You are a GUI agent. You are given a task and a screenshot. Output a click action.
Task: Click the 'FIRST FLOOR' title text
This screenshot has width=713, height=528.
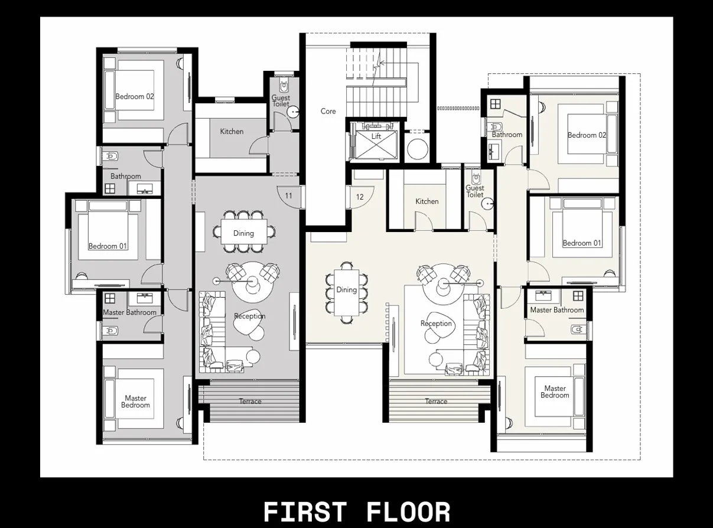[x=356, y=511]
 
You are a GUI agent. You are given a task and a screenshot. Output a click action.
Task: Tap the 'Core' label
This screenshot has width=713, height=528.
[x=328, y=111]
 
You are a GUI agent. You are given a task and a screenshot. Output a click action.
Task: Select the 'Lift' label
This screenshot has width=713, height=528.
[x=376, y=136]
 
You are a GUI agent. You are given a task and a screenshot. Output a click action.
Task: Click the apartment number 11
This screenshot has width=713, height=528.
[x=288, y=195]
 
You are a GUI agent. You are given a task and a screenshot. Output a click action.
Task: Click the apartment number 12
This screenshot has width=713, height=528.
[x=360, y=197]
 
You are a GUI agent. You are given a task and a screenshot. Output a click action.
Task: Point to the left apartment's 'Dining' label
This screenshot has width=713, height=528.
[x=243, y=233]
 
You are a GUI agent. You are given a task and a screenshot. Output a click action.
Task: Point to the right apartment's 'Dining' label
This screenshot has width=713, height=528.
[x=346, y=290]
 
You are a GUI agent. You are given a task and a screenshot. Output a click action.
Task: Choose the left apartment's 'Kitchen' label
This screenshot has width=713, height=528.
[x=232, y=131]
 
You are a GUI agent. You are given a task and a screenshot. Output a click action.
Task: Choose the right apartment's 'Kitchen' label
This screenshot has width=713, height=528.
[x=427, y=201]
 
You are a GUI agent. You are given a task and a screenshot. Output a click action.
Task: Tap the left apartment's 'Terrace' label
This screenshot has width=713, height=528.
[x=250, y=402]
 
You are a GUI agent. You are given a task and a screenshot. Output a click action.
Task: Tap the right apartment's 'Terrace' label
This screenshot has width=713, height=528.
[x=436, y=402]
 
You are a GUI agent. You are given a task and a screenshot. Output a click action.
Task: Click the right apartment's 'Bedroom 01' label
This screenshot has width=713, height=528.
[x=581, y=243]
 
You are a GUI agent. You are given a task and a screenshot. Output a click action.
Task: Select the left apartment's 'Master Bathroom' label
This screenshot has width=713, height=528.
[x=129, y=312]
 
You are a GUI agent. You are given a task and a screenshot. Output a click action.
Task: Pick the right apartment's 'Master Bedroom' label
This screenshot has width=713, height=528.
[x=555, y=392]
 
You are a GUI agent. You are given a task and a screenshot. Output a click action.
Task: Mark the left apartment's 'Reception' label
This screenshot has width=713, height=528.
[x=249, y=317]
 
